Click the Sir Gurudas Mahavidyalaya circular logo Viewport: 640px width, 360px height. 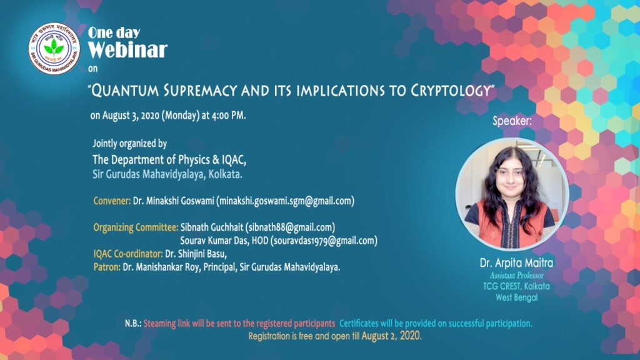[x=54, y=49]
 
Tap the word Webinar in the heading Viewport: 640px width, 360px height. [x=127, y=50]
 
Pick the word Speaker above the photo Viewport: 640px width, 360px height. [x=512, y=121]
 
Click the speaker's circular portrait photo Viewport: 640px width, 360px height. [x=512, y=194]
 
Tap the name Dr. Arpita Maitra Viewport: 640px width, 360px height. [x=516, y=263]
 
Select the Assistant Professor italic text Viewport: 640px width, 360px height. [x=517, y=276]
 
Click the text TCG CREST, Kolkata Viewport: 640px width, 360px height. [x=516, y=286]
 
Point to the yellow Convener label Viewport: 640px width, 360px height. [x=112, y=201]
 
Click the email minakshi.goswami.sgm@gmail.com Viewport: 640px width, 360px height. [x=285, y=201]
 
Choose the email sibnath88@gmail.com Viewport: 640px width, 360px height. [x=290, y=227]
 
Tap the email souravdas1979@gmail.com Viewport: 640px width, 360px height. [x=324, y=241]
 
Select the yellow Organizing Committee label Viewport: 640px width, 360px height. [x=136, y=227]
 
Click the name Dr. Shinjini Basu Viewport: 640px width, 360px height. [x=196, y=254]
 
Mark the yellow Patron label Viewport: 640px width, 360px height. [x=106, y=267]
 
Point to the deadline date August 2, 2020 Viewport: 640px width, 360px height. [x=391, y=336]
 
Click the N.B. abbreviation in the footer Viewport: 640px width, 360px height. [x=133, y=324]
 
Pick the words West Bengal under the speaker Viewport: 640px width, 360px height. [x=516, y=297]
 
